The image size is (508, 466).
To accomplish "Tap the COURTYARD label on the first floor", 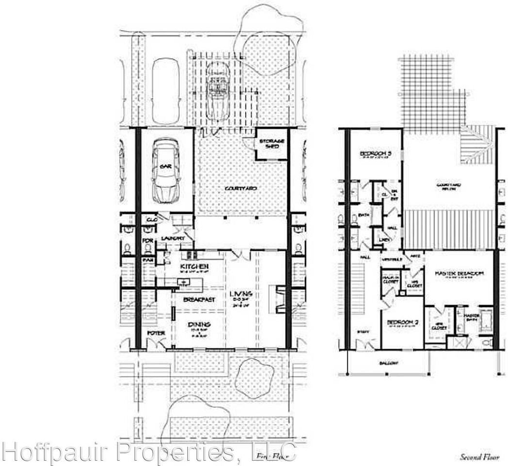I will tap(241, 188).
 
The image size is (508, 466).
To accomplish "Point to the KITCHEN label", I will tap(194, 267).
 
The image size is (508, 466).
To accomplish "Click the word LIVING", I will tap(241, 295).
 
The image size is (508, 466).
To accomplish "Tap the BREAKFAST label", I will tap(199, 300).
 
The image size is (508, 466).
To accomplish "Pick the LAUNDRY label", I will tap(173, 238).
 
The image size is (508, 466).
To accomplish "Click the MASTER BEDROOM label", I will tap(459, 274).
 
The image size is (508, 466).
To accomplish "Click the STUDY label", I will tap(363, 332).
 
